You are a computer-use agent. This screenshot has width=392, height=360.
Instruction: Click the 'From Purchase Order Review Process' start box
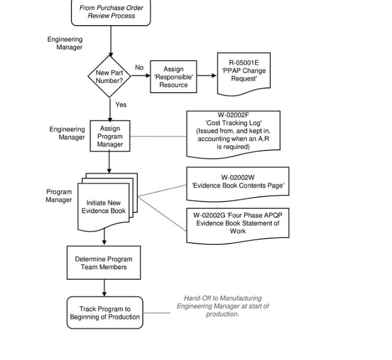pos(111,12)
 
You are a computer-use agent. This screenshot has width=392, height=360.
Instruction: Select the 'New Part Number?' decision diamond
pos(109,77)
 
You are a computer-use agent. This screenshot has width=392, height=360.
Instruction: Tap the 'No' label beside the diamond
pos(139,68)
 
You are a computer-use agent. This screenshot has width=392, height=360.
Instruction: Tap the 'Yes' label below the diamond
pos(121,105)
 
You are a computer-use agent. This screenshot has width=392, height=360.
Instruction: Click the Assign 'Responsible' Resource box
pos(173,77)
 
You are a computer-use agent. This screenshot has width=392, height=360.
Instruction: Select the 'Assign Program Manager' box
pos(110,136)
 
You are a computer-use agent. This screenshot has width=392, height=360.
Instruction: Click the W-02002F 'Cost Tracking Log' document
pos(233,132)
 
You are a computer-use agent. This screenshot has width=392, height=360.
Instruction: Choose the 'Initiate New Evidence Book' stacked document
pos(104,207)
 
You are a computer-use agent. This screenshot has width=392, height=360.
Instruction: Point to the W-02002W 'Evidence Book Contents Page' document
pos(237,183)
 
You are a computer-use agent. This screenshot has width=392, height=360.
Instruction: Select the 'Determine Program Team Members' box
pos(104,263)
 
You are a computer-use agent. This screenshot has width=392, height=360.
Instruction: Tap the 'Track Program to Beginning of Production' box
pos(105,312)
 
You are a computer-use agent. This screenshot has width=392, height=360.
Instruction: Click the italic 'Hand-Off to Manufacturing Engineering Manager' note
pos(223,306)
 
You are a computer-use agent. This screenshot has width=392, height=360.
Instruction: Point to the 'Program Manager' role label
pos(59,196)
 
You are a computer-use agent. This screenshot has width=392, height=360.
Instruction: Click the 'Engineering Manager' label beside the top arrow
pos(65,43)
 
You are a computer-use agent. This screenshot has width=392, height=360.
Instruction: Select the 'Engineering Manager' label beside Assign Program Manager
pos(67,133)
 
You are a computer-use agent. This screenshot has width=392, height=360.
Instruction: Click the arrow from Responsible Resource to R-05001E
pos(207,76)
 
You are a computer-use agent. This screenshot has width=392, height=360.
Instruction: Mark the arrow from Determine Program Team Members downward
pos(104,288)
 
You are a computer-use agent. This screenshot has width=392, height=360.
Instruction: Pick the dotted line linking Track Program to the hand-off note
pos(156,313)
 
